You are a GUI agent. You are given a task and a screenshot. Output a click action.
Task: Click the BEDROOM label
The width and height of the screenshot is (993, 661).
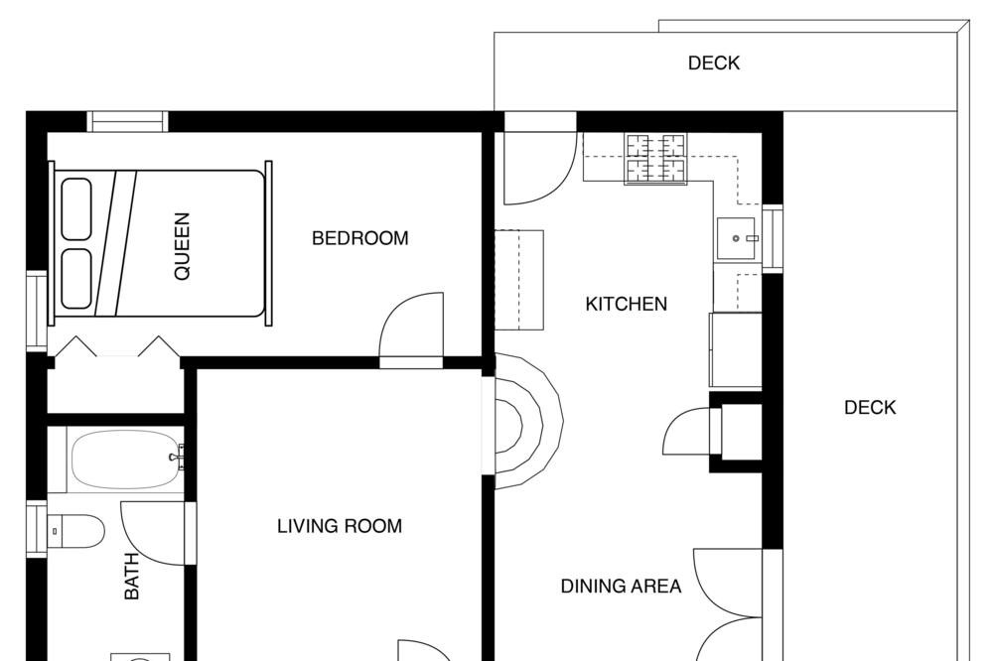pos(359,238)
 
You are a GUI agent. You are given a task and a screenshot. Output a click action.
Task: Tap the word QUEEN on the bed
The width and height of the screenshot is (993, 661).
pos(183,246)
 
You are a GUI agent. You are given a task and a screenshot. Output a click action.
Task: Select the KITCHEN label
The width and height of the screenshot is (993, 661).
pos(626,304)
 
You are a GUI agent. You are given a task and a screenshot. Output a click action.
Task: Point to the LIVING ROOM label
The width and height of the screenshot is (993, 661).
pos(340,526)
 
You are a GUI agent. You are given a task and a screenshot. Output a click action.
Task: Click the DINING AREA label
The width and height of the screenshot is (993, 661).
pos(622,587)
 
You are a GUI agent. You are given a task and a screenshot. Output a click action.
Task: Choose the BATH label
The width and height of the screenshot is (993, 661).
pos(132,576)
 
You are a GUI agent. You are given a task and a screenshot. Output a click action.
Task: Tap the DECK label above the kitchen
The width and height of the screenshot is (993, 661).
pos(714,63)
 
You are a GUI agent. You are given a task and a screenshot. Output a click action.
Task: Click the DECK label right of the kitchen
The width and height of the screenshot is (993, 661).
pos(870,407)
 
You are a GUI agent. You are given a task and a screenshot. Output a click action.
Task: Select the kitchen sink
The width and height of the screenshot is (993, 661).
pos(736,238)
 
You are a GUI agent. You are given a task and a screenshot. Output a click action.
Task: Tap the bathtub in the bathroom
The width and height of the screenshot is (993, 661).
pos(123,459)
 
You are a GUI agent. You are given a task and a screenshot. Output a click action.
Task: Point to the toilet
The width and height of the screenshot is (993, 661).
pos(76,531)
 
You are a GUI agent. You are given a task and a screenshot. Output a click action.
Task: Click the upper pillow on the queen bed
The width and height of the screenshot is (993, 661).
pos(76,209)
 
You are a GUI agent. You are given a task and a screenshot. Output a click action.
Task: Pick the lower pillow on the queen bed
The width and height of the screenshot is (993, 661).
pos(76,279)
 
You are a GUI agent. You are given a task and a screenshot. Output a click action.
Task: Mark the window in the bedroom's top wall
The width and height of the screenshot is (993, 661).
pos(127,121)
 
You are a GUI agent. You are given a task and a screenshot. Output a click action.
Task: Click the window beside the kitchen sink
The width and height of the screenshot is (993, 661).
pos(773,238)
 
